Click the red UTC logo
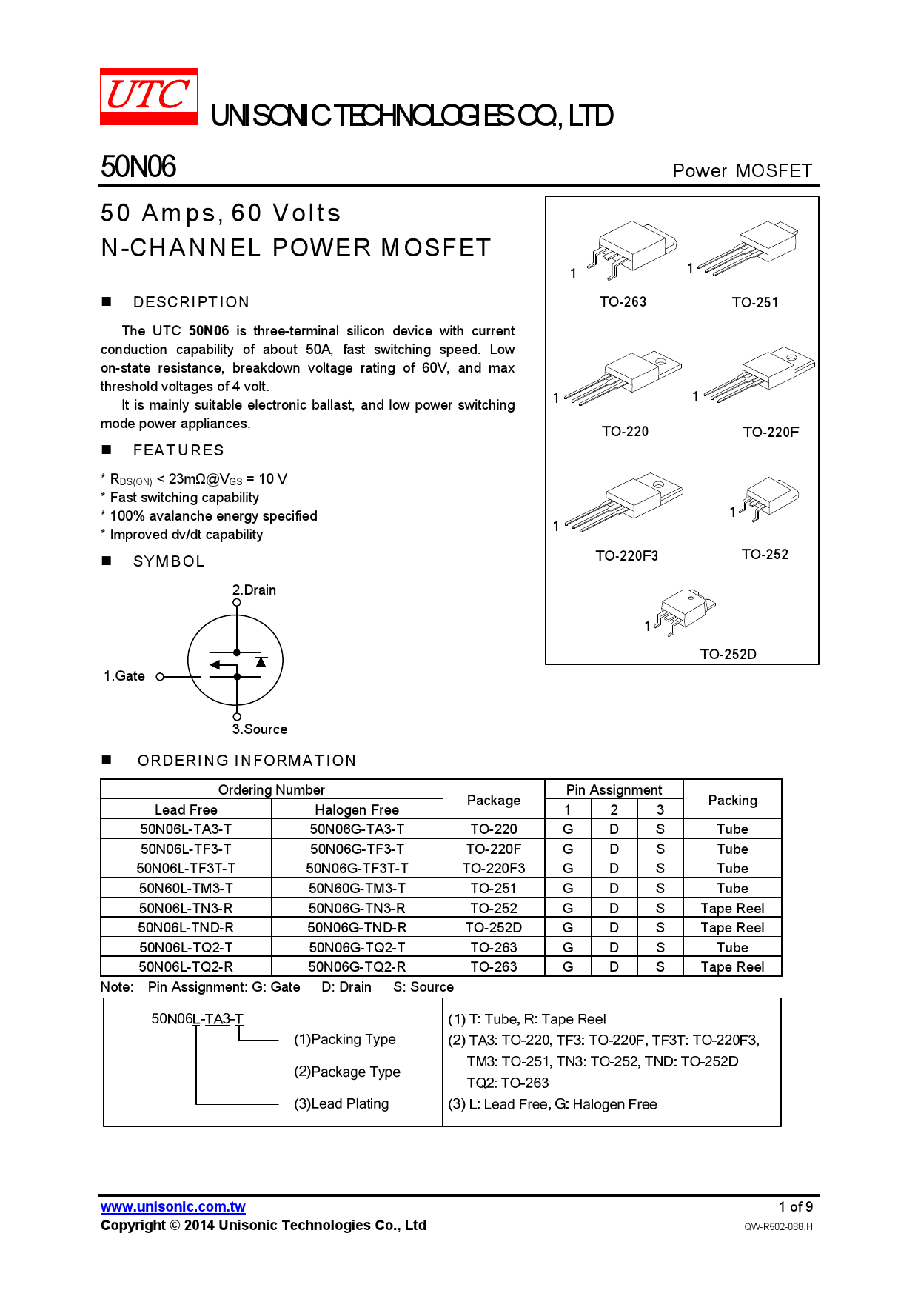(x=149, y=96)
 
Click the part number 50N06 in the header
(x=138, y=167)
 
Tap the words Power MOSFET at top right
(x=742, y=171)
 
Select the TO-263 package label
(x=623, y=302)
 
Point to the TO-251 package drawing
(x=748, y=247)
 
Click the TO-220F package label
(x=771, y=432)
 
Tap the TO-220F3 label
(x=626, y=555)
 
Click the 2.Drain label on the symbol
(x=254, y=590)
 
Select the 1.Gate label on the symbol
(x=124, y=676)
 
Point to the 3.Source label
(x=260, y=729)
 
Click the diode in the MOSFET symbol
(x=261, y=661)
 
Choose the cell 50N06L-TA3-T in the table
(x=186, y=829)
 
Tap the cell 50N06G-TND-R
(x=357, y=928)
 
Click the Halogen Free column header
(x=357, y=809)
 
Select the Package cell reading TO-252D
(x=493, y=928)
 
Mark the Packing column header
(x=732, y=800)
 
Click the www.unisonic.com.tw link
(x=173, y=1206)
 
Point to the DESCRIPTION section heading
(x=191, y=302)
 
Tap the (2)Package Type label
(x=346, y=1072)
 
